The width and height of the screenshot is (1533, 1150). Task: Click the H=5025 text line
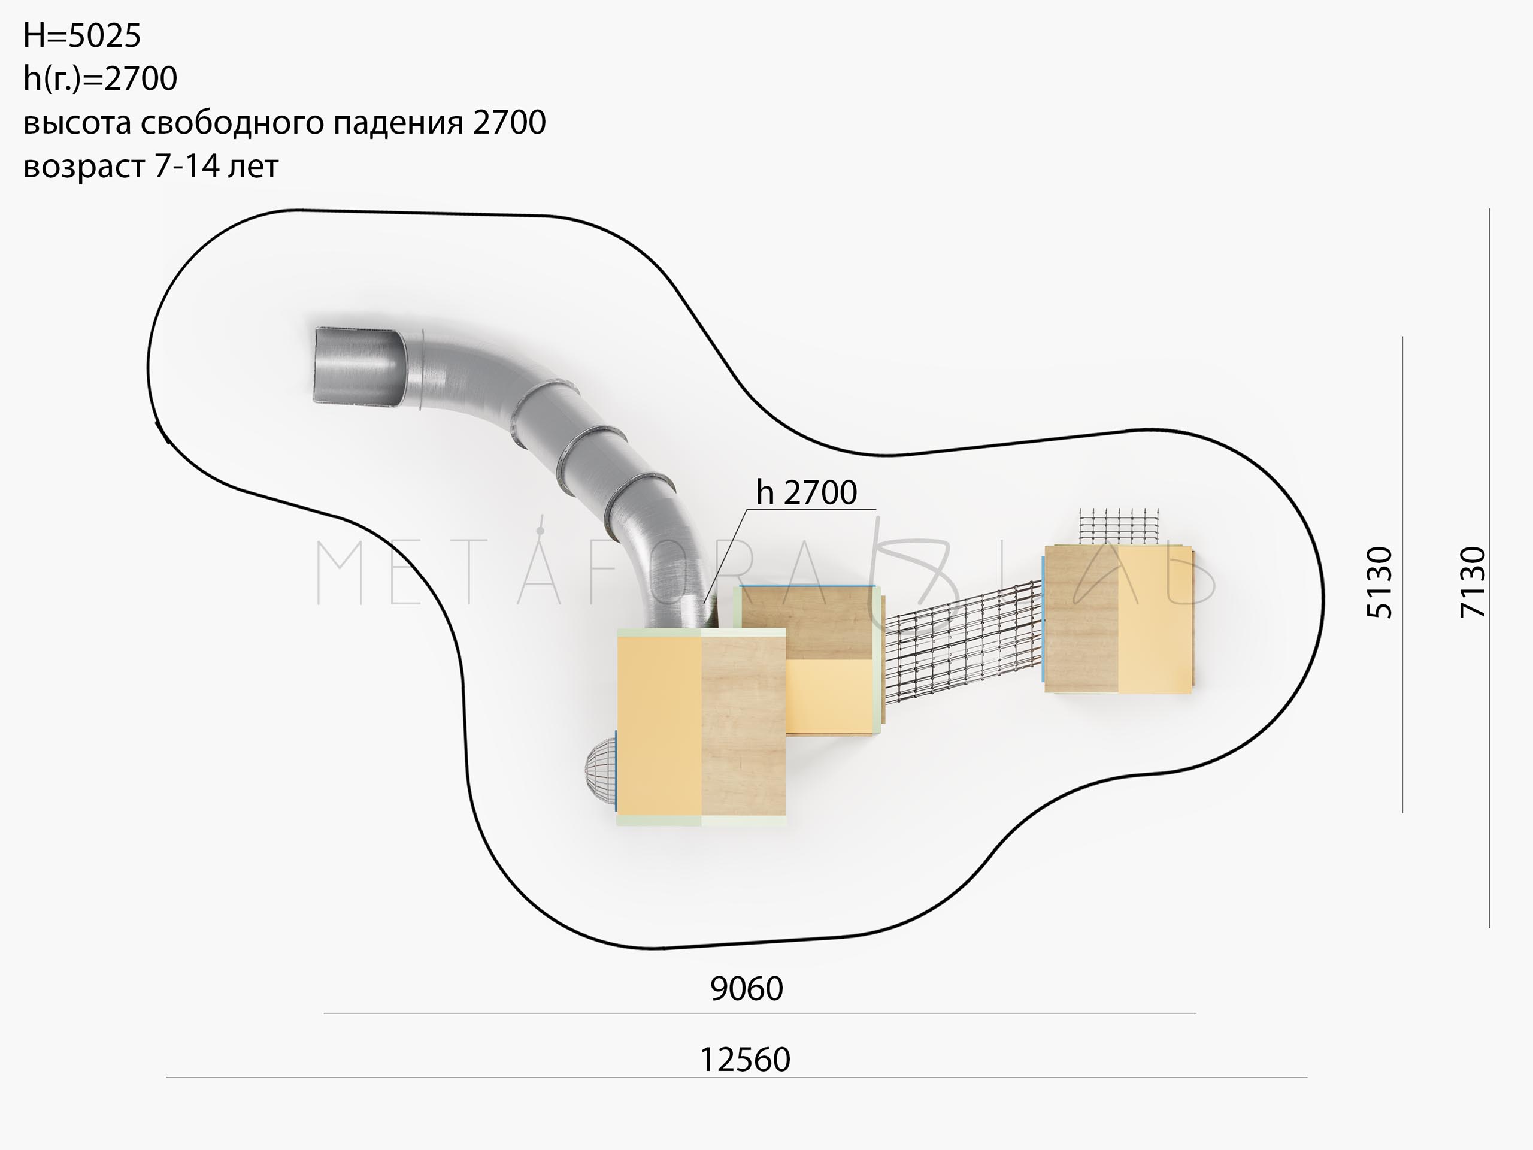(82, 35)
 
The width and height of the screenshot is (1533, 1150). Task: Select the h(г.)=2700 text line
(101, 79)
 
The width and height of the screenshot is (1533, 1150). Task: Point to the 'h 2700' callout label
(807, 492)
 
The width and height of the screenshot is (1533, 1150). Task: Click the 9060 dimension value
(746, 988)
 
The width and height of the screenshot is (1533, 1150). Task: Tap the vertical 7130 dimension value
(1473, 582)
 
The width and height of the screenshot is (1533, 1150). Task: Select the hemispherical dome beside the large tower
(600, 770)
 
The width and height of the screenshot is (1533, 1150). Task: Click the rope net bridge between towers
(964, 641)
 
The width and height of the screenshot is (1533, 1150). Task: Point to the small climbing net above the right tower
(1120, 526)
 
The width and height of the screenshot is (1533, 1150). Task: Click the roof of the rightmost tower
(1119, 619)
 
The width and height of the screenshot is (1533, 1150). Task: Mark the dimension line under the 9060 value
(759, 1013)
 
